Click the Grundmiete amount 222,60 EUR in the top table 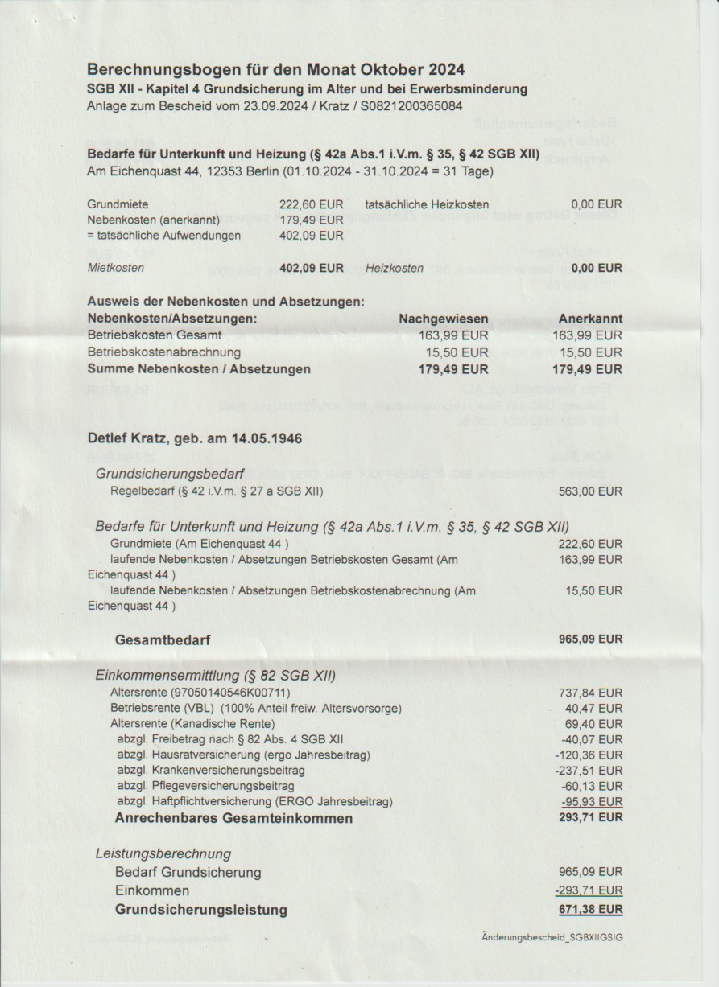311,204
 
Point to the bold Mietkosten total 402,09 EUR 311,268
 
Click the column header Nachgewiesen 444,319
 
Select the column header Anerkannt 590,319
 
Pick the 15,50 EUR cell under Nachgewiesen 457,352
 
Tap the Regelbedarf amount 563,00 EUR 590,491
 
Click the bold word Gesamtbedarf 163,641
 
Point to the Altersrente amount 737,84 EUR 590,692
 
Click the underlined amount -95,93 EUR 592,801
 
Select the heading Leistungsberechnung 163,853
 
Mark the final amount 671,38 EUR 590,910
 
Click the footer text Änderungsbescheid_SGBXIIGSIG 552,937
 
